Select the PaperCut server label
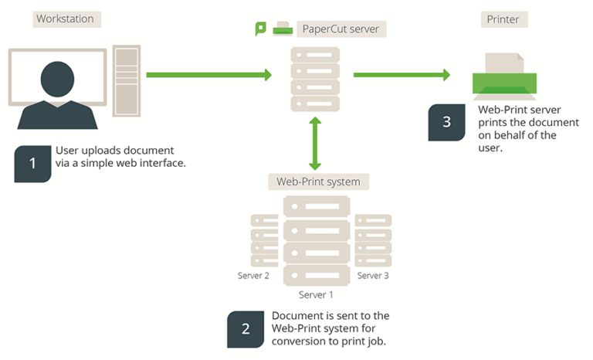344,29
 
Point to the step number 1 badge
32,163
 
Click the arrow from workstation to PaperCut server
209,75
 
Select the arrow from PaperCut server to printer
402,75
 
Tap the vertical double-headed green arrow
314,143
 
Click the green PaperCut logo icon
261,29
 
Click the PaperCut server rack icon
314,80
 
